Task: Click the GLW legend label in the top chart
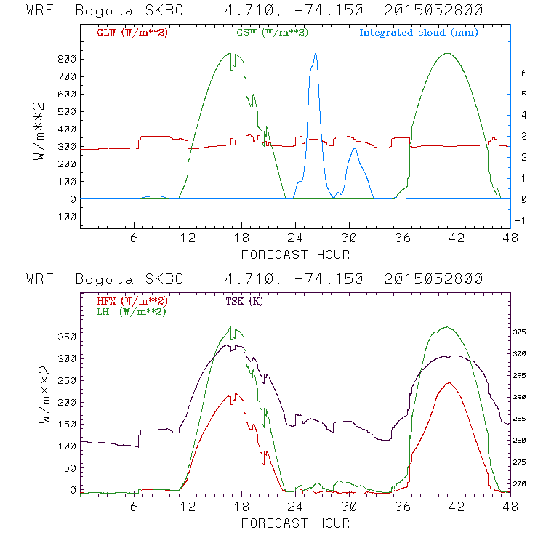point(132,33)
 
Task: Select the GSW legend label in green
point(272,33)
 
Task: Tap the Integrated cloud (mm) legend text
point(419,33)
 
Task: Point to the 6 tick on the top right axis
point(521,73)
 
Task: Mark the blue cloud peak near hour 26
point(315,53)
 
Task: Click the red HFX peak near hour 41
point(449,383)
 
